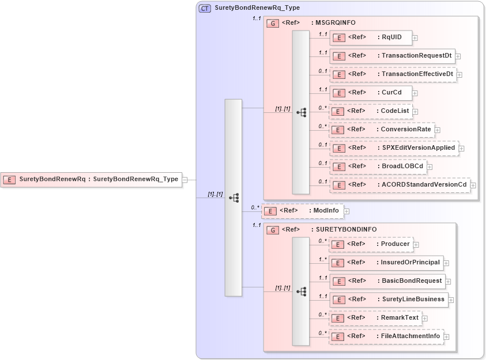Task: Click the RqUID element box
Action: coord(371,37)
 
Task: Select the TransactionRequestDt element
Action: coord(392,56)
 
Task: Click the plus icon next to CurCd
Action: coord(415,93)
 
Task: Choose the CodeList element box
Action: coord(371,111)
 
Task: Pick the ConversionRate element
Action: coord(381,130)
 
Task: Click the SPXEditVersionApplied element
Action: coord(394,148)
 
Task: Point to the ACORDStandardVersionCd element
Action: coord(400,185)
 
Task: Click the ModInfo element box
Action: coord(303,211)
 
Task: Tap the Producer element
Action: coord(371,244)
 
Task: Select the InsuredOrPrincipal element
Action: coord(386,263)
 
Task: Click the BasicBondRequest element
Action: coord(387,281)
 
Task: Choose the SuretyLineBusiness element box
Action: coord(389,300)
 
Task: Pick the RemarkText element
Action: coord(375,318)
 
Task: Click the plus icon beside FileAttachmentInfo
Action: coord(446,336)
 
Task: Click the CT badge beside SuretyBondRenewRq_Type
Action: coord(205,8)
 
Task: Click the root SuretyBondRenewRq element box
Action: coord(91,179)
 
